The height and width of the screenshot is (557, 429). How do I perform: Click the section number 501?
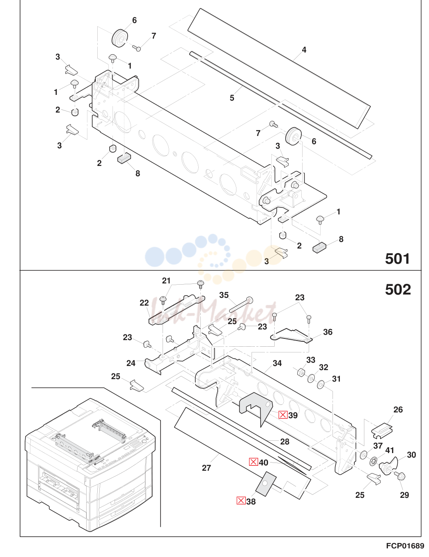[397, 259]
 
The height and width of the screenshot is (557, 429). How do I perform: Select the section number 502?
[398, 290]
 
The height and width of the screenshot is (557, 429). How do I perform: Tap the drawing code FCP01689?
[405, 546]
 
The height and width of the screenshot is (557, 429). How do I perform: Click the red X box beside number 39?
[283, 415]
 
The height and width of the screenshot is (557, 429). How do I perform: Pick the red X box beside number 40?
[253, 462]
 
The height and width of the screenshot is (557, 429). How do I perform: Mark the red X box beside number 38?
[241, 501]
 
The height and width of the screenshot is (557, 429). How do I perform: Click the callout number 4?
[304, 50]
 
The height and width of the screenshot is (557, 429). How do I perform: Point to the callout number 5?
[232, 98]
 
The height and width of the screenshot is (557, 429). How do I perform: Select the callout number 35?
[224, 295]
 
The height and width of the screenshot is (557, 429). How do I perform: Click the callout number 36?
[328, 332]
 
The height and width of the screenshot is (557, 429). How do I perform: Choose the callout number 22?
[144, 303]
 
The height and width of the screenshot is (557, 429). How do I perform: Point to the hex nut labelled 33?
[301, 371]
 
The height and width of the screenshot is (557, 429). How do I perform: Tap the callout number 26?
[398, 410]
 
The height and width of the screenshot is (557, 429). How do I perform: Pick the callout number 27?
[206, 468]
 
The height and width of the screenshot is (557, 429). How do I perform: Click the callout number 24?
[131, 363]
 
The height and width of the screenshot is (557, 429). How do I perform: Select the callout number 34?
[277, 363]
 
